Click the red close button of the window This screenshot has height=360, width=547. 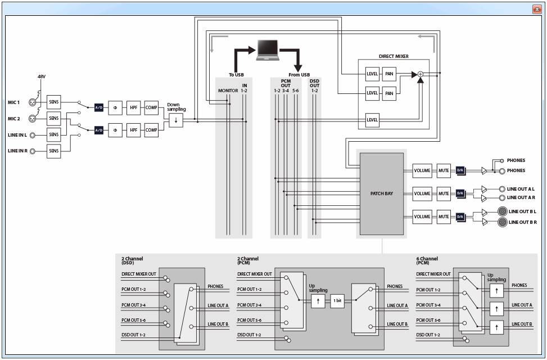(x=537, y=10)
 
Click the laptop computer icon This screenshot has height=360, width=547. (x=268, y=50)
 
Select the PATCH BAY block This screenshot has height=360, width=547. (x=382, y=193)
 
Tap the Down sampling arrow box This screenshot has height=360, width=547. (x=176, y=120)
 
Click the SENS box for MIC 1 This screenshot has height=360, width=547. (x=54, y=102)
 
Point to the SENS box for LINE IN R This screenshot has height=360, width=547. (x=54, y=151)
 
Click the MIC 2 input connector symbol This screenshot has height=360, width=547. (x=32, y=119)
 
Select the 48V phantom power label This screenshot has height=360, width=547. (x=42, y=76)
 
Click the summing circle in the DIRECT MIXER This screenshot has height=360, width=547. (x=421, y=74)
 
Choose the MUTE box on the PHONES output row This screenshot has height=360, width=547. (x=444, y=171)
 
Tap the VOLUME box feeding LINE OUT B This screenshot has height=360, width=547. (x=422, y=217)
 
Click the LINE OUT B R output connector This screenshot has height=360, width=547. (x=503, y=222)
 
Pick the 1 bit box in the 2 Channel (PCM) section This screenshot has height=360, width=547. (x=337, y=300)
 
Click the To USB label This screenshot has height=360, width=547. (x=236, y=75)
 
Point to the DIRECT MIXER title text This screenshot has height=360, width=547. (x=394, y=56)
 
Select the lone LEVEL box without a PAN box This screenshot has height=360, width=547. (x=372, y=120)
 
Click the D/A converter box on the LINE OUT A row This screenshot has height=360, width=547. (x=460, y=193)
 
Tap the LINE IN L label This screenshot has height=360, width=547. (x=17, y=135)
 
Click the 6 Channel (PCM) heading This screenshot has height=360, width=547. (x=427, y=260)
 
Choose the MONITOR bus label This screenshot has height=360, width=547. (x=228, y=91)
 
